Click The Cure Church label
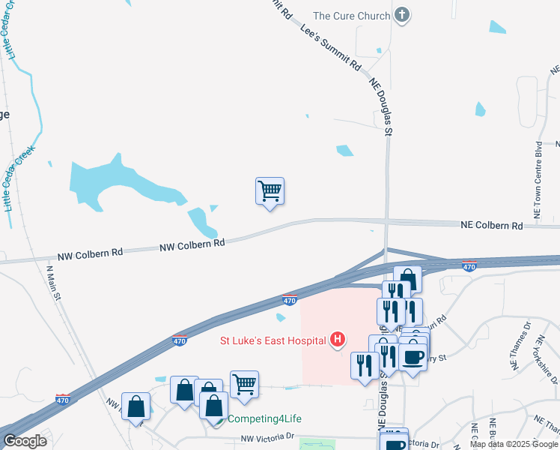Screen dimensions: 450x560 351,16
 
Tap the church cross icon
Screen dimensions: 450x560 403,15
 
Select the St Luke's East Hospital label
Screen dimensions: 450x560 273,340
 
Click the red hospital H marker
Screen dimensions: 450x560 338,340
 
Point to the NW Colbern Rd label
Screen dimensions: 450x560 192,244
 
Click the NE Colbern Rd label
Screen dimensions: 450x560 491,225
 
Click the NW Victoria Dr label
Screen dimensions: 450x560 269,438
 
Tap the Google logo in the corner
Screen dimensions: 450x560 25,441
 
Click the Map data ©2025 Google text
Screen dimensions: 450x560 514,444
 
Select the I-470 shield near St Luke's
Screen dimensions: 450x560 290,300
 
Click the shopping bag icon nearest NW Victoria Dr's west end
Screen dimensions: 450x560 136,406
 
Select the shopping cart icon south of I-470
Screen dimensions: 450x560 244,384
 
